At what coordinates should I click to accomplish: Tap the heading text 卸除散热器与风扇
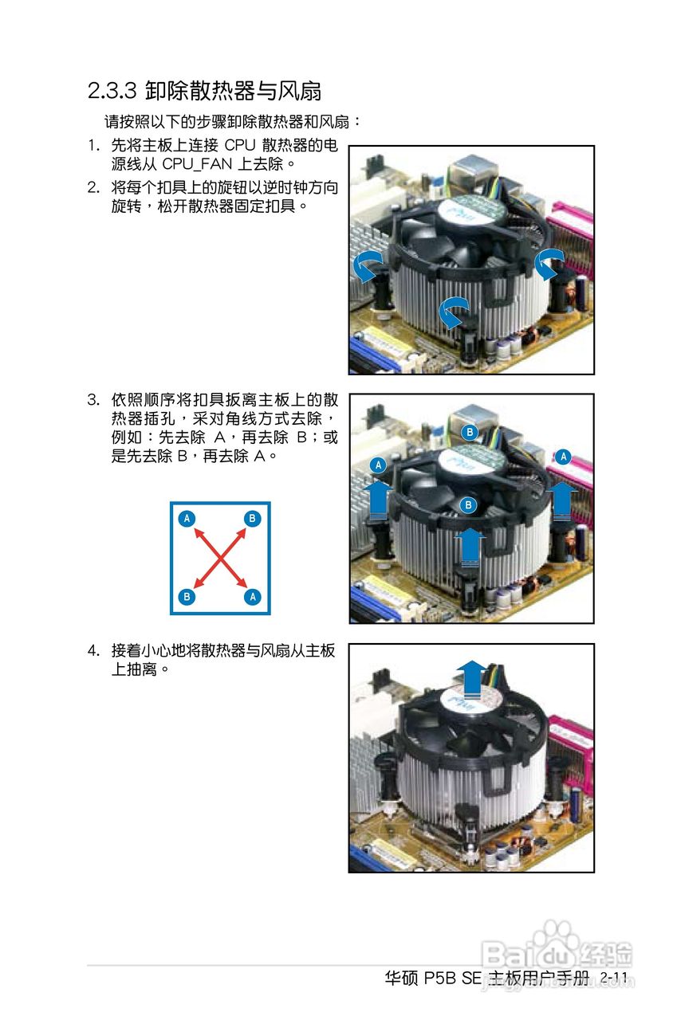tap(234, 91)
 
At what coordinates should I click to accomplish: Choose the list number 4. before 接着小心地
tap(93, 651)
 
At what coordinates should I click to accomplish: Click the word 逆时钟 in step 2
tap(256, 188)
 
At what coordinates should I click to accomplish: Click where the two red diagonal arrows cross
tap(220, 558)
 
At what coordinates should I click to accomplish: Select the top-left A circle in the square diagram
tap(187, 519)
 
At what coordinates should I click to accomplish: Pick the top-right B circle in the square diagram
tap(253, 519)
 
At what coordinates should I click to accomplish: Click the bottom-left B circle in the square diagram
tap(187, 596)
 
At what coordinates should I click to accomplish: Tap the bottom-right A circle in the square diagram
tap(253, 596)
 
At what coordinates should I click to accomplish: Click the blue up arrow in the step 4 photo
tap(473, 678)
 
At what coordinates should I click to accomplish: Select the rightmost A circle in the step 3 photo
tap(564, 457)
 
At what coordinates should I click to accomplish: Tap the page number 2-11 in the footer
tap(615, 978)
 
